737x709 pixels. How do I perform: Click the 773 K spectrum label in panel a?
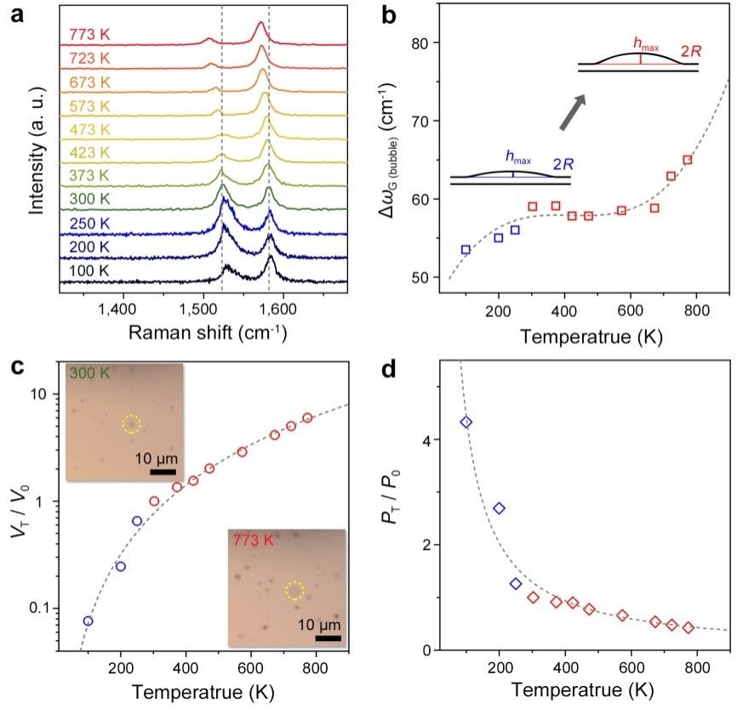tap(90, 36)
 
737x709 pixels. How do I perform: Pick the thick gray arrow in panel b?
tap(571, 112)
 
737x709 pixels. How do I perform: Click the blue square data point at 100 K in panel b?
tap(466, 249)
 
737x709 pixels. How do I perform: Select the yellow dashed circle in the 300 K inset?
tap(130, 423)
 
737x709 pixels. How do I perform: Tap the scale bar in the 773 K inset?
tap(328, 638)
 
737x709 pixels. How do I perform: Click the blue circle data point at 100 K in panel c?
tap(88, 621)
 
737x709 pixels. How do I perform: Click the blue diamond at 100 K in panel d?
tap(466, 423)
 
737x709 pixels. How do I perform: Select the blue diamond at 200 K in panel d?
tap(500, 508)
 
